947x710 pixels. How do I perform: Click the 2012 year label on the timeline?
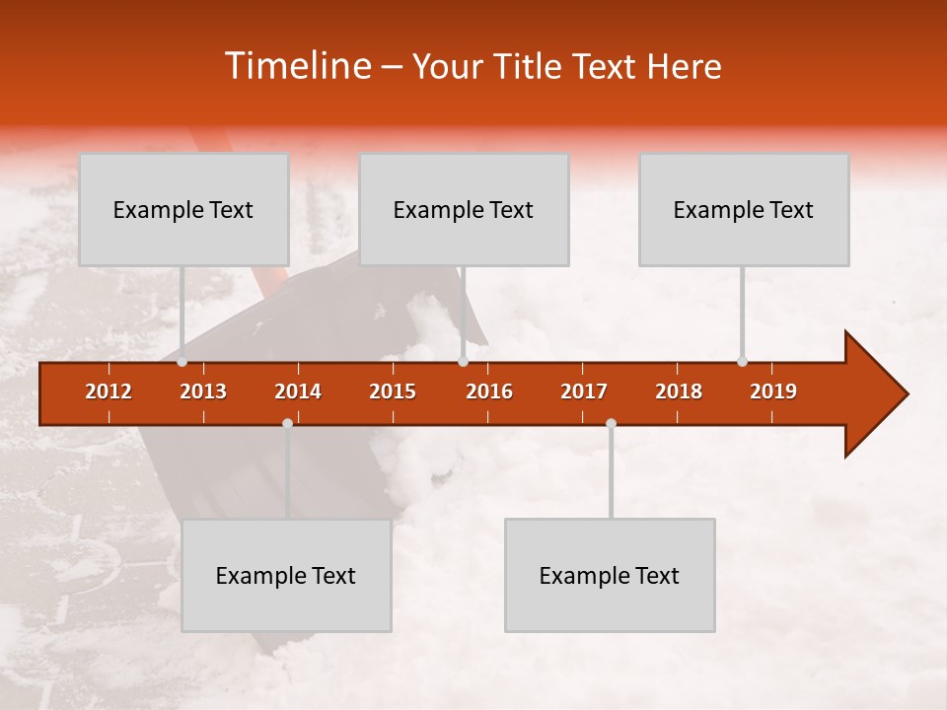(109, 391)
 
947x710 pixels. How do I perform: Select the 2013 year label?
(203, 391)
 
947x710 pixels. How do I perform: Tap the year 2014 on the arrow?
(298, 391)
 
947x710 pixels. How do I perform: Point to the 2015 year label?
(393, 391)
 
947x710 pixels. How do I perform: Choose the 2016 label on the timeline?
(489, 391)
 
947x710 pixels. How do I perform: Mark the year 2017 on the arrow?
(584, 391)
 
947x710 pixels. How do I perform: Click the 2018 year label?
(679, 391)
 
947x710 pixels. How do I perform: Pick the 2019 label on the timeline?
(773, 391)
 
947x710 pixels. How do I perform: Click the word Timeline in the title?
(296, 66)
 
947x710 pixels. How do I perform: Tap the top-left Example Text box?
(183, 209)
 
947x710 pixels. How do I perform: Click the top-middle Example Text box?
(464, 209)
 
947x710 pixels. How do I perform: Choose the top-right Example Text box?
(744, 209)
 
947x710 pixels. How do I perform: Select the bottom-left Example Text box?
(286, 575)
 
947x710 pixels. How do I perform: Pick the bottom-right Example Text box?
(610, 575)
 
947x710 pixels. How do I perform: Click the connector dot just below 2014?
(287, 423)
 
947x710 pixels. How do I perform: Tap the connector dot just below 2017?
(611, 423)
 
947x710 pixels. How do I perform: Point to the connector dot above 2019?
(742, 361)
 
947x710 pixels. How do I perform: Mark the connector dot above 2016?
(463, 361)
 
